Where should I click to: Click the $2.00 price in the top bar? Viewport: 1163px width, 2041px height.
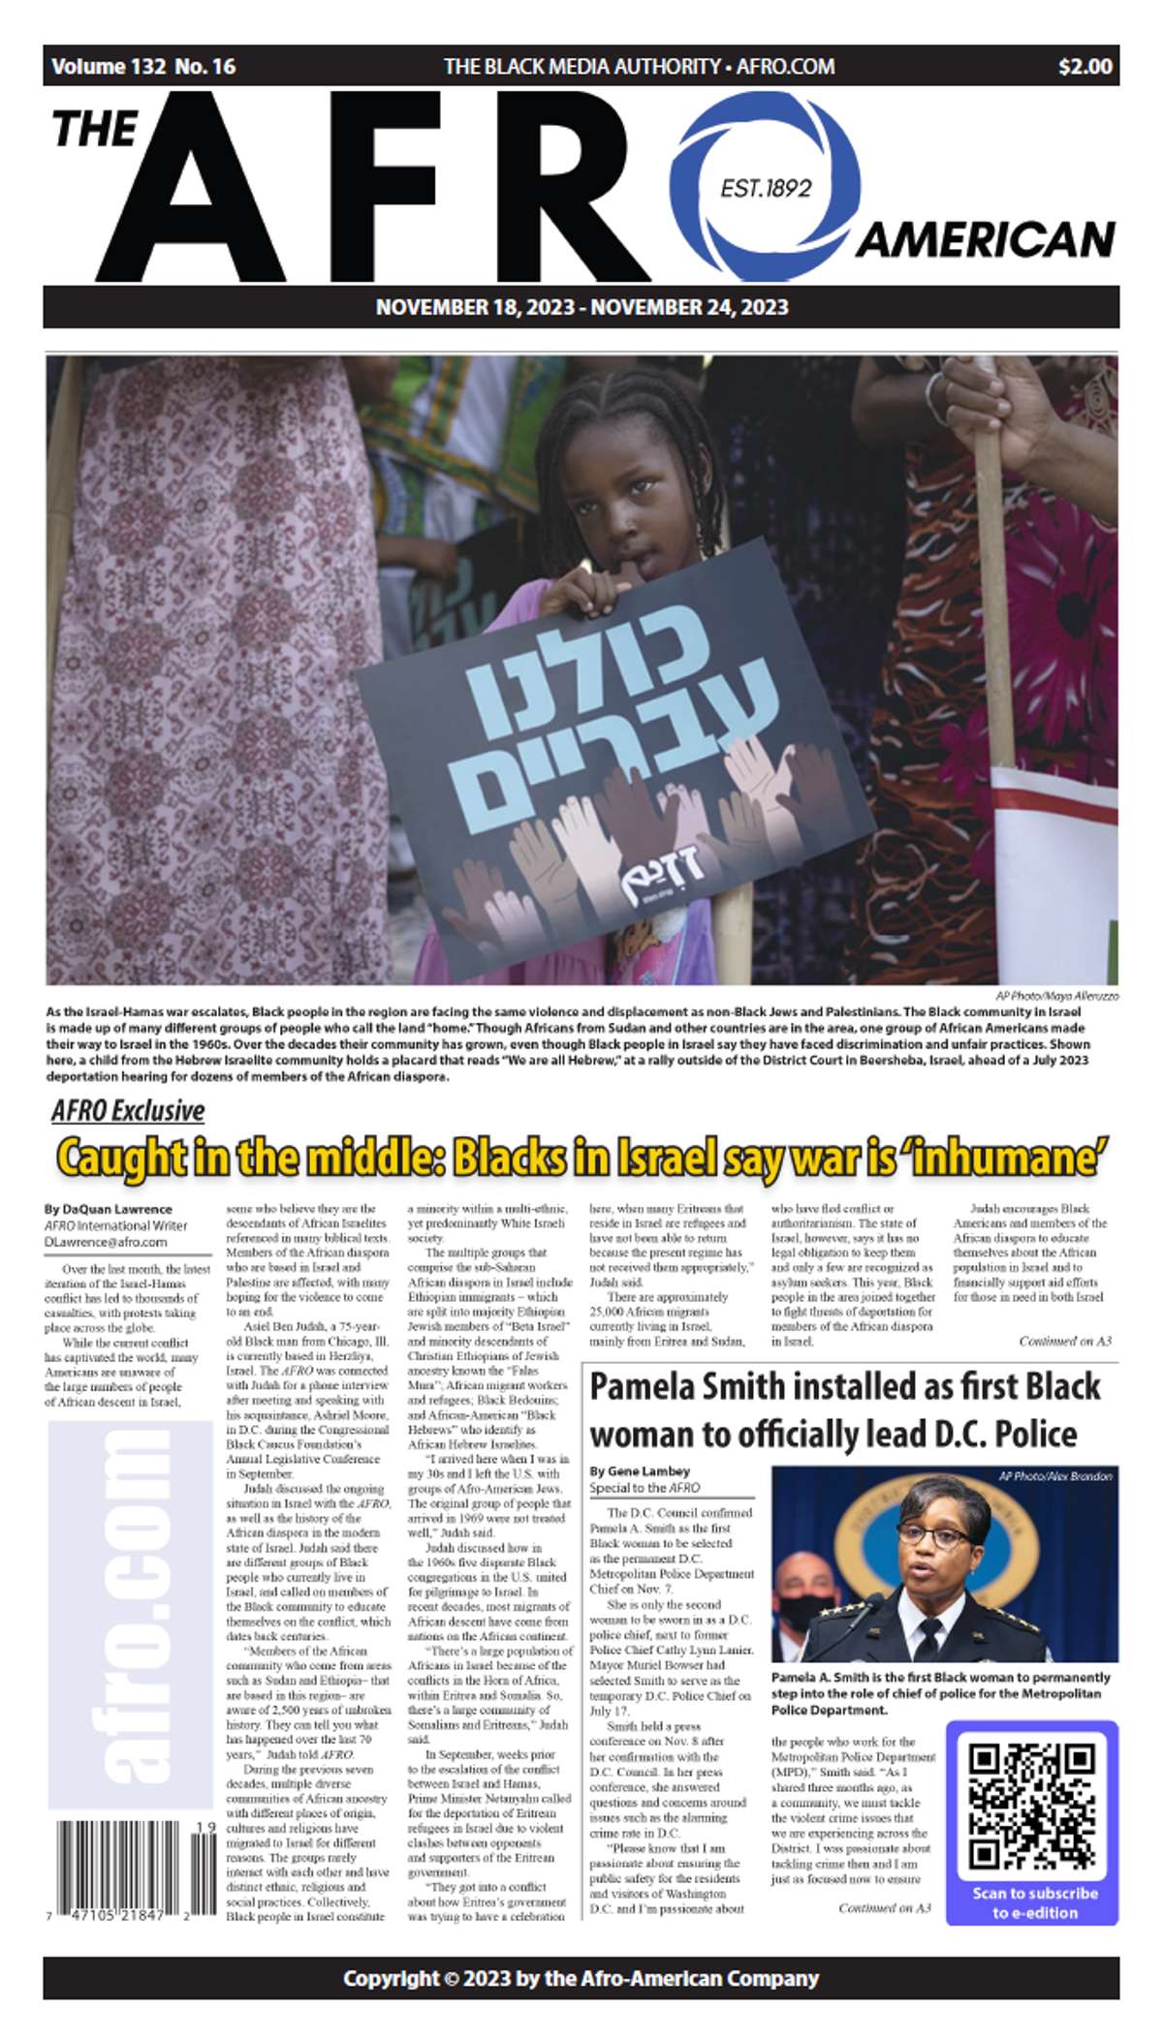pos(1084,67)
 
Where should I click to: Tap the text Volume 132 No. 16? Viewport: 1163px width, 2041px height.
pos(143,67)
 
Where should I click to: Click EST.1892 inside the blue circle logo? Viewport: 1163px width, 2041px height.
pos(766,187)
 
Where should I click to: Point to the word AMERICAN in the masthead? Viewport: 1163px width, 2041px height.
pos(985,239)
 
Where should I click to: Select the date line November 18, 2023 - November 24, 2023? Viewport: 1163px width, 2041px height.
pos(581,308)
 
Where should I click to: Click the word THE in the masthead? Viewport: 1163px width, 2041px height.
pos(95,130)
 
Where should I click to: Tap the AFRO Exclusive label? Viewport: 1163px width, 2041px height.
pos(128,1110)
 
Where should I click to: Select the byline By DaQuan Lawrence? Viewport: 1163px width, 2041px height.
pos(108,1209)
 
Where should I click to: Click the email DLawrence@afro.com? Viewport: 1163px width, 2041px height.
pos(105,1242)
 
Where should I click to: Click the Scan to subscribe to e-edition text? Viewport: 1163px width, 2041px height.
pos(1034,1902)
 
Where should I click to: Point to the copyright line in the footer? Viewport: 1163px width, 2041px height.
pos(581,1978)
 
